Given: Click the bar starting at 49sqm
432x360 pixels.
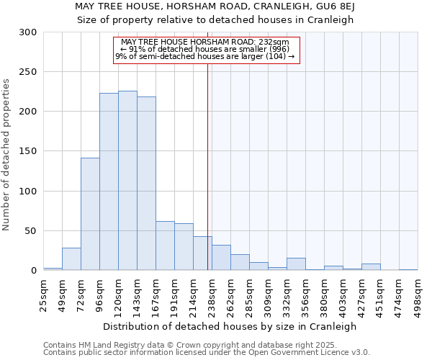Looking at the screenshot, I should [x=71, y=259].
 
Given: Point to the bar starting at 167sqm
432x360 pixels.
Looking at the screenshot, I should [x=165, y=246].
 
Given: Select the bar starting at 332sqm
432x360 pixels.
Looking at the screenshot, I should [x=296, y=264].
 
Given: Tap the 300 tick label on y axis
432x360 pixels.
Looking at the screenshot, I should [x=28, y=32].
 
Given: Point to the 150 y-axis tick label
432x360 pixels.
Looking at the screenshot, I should [x=28, y=151].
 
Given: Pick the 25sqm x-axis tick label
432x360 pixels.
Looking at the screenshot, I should [x=44, y=295].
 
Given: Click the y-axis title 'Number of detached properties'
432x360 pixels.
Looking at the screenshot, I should [x=7, y=155].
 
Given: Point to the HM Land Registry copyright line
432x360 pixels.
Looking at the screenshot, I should [x=190, y=345].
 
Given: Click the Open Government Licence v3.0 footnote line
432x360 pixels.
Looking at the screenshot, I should [x=206, y=353].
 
